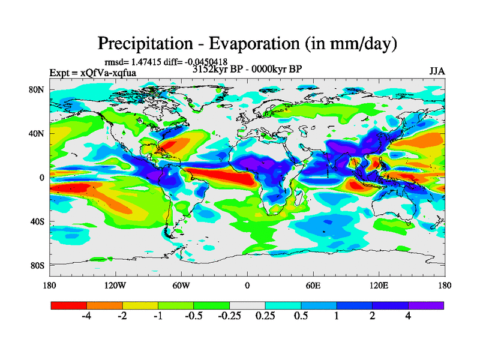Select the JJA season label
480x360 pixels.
coord(436,71)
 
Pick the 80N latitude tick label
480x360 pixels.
coord(39,90)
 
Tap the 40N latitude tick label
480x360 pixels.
coord(39,134)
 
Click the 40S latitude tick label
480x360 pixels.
coord(39,221)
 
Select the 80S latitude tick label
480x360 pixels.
coord(39,265)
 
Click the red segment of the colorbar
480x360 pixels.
coord(68,305)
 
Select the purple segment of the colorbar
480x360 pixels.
coord(426,305)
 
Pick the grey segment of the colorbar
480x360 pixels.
coord(247,305)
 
